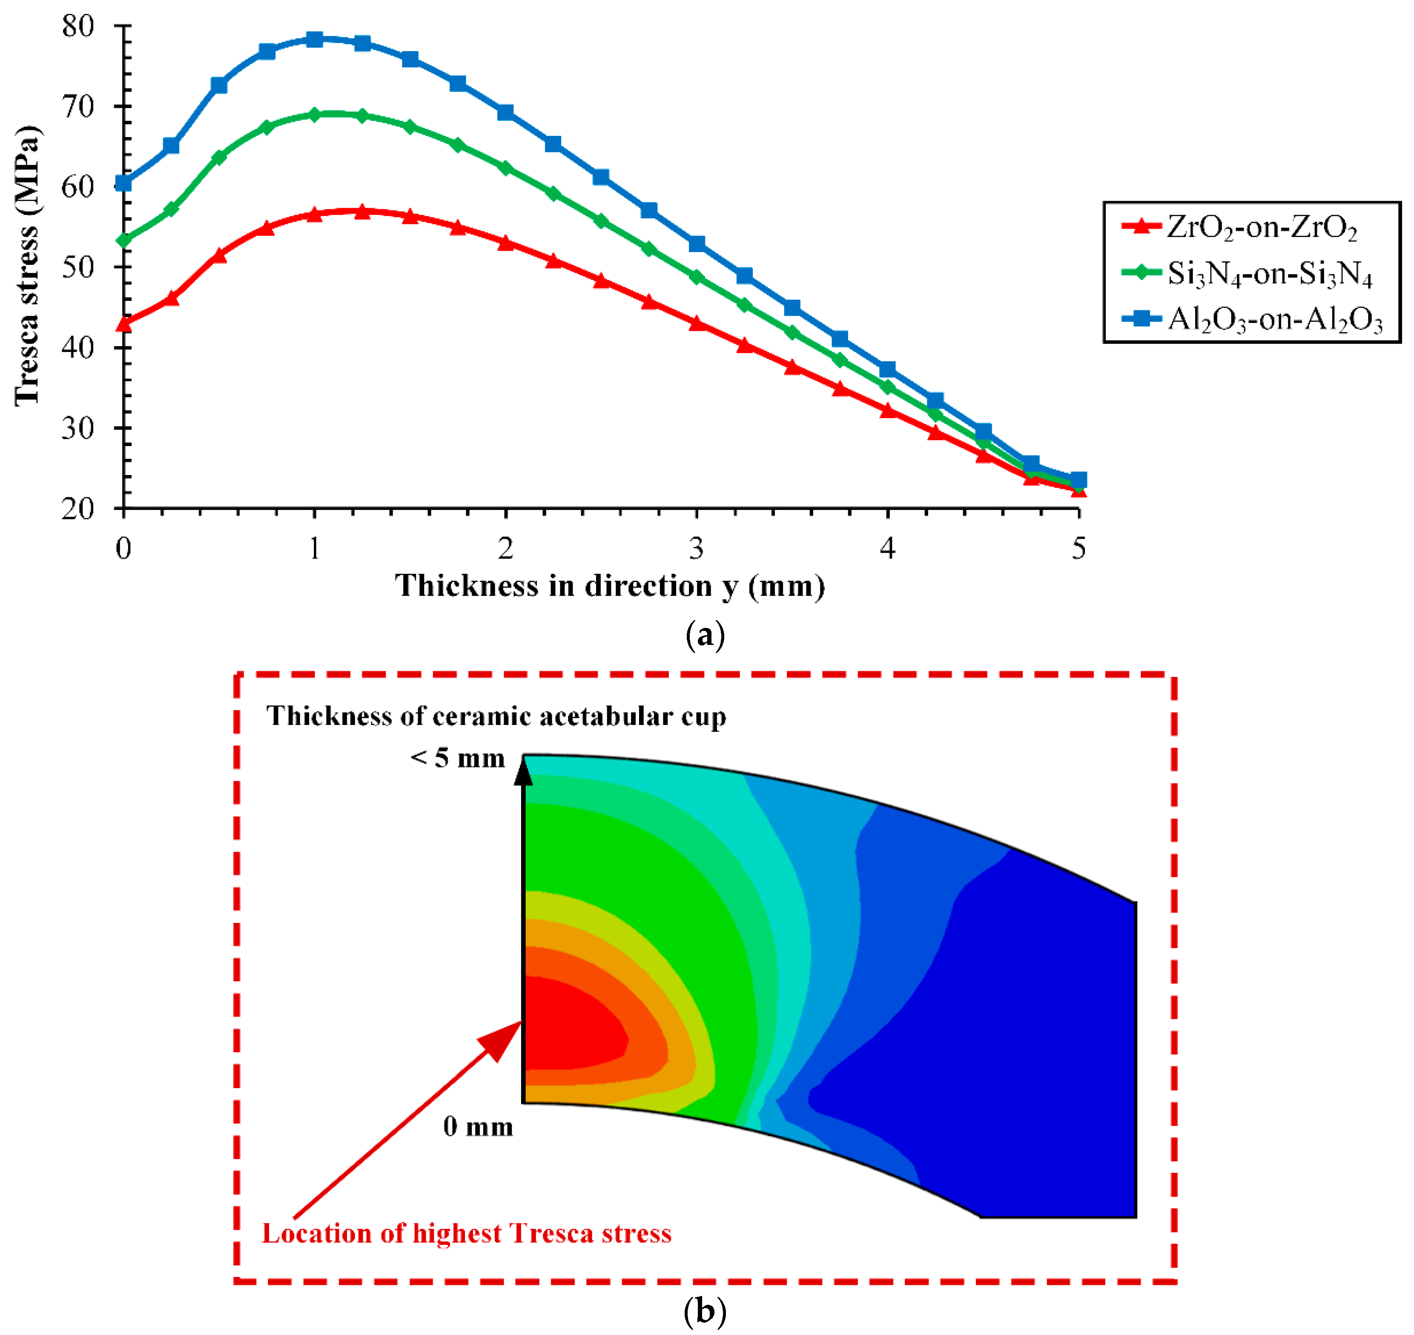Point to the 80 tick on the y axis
[78, 26]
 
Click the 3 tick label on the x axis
[697, 549]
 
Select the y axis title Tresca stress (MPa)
[27, 266]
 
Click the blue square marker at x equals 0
[124, 183]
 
